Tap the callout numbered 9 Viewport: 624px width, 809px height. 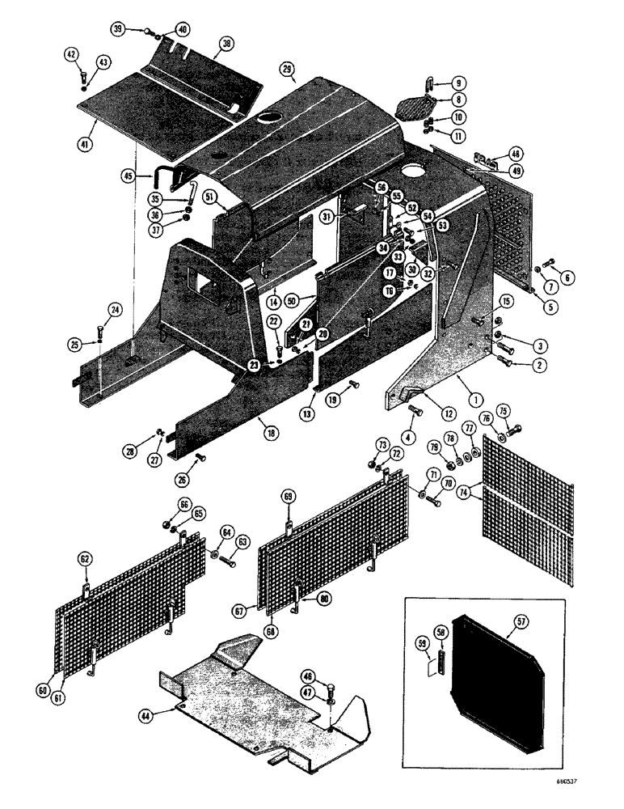[x=457, y=83]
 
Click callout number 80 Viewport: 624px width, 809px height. [x=323, y=599]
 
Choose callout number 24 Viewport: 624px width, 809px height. [x=114, y=309]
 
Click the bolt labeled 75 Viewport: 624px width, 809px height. [x=515, y=428]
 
